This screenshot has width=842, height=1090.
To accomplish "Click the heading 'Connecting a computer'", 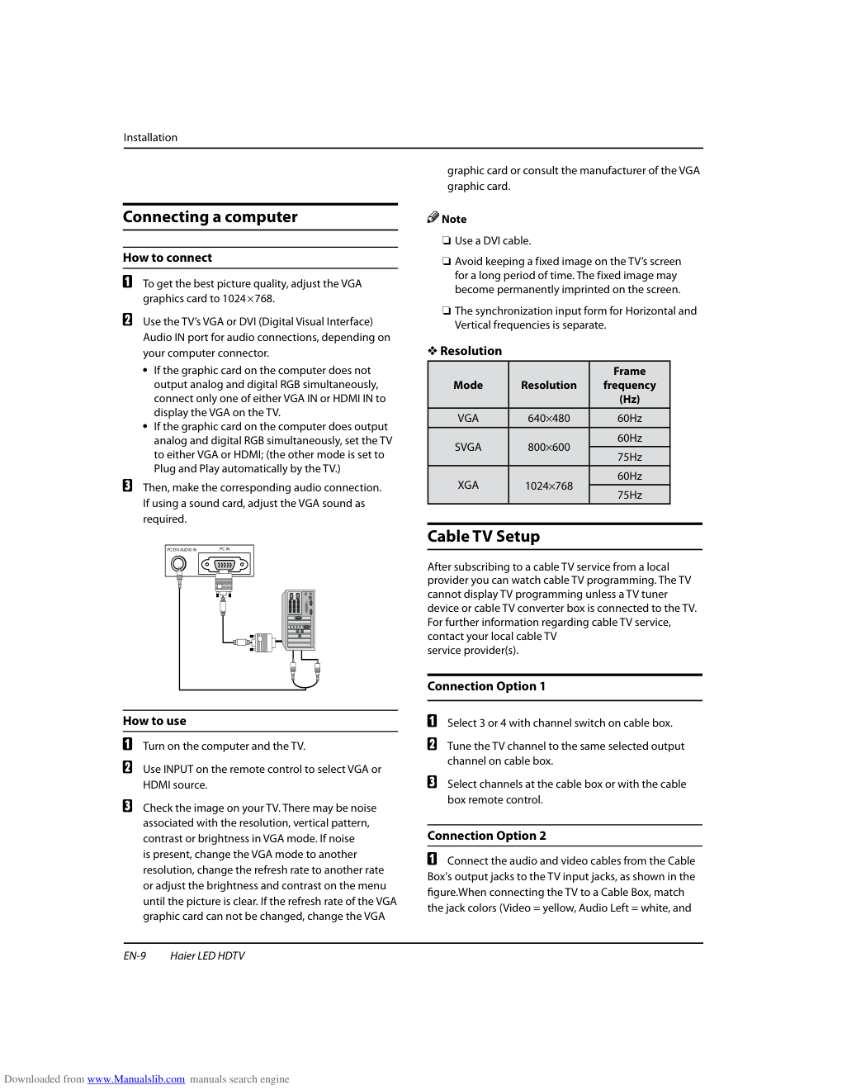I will click(x=210, y=217).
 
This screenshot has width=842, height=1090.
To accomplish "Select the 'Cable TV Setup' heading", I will click(x=483, y=537).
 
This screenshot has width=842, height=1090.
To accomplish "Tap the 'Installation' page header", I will click(x=150, y=138).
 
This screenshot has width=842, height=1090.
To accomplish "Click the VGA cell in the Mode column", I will click(x=468, y=419).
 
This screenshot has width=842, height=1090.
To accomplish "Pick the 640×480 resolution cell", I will click(x=549, y=419).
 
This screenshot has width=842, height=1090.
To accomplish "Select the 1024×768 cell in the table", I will click(x=549, y=486).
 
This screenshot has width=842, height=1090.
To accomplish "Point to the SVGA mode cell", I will click(x=468, y=448).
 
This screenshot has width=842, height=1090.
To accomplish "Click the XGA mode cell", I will click(x=468, y=486).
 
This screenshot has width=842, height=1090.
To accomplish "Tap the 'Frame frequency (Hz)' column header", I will click(x=629, y=385).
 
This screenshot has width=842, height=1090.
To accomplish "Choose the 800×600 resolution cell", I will click(x=549, y=448).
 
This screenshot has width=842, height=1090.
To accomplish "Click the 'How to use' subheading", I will click(x=154, y=721).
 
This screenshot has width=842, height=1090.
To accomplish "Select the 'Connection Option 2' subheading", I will click(x=486, y=836).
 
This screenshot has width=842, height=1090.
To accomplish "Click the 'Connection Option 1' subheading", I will click(x=486, y=686).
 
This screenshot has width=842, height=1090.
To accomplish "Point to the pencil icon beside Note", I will click(x=433, y=217).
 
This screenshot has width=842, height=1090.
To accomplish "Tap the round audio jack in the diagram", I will click(x=178, y=565).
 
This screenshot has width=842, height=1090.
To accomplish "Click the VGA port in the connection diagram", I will click(x=225, y=565).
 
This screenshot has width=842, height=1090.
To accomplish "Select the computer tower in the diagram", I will click(x=299, y=620).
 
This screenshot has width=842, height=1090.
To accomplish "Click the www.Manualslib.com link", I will click(x=136, y=1079).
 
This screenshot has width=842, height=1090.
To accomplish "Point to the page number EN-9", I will click(x=135, y=956).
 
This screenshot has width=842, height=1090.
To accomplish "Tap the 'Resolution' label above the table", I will click(x=471, y=351).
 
